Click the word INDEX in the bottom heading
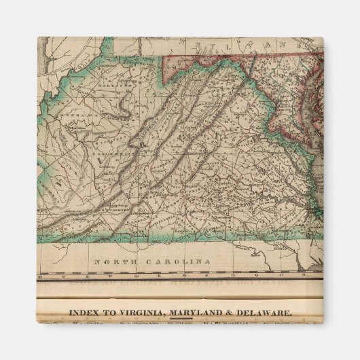[83, 313]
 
